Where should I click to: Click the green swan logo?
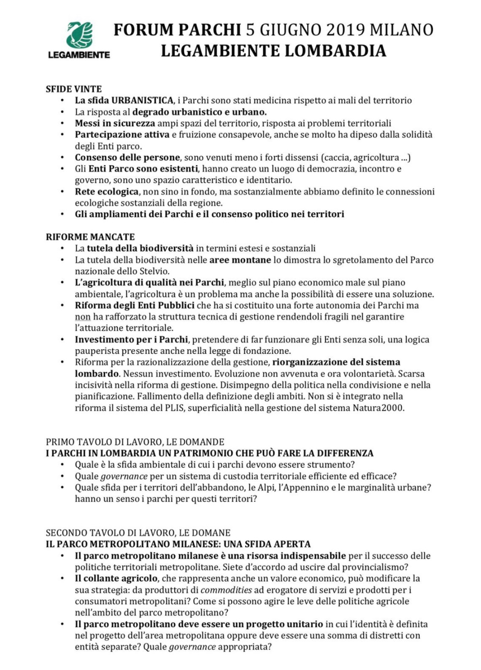coord(80,35)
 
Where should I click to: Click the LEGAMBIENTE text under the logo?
coord(79,55)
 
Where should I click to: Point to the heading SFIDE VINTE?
coord(74,89)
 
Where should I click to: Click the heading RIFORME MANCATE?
coord(90,237)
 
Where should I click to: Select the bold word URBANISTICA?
coord(142,100)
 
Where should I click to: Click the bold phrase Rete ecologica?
coord(106,192)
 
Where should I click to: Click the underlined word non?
coord(83,317)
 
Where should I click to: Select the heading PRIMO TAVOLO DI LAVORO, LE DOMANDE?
coord(135,442)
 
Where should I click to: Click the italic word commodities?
coord(226,590)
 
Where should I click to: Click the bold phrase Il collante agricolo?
coord(116,578)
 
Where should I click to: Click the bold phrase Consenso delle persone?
coord(127,157)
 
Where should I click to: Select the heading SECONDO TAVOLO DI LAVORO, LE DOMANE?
coord(138,533)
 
